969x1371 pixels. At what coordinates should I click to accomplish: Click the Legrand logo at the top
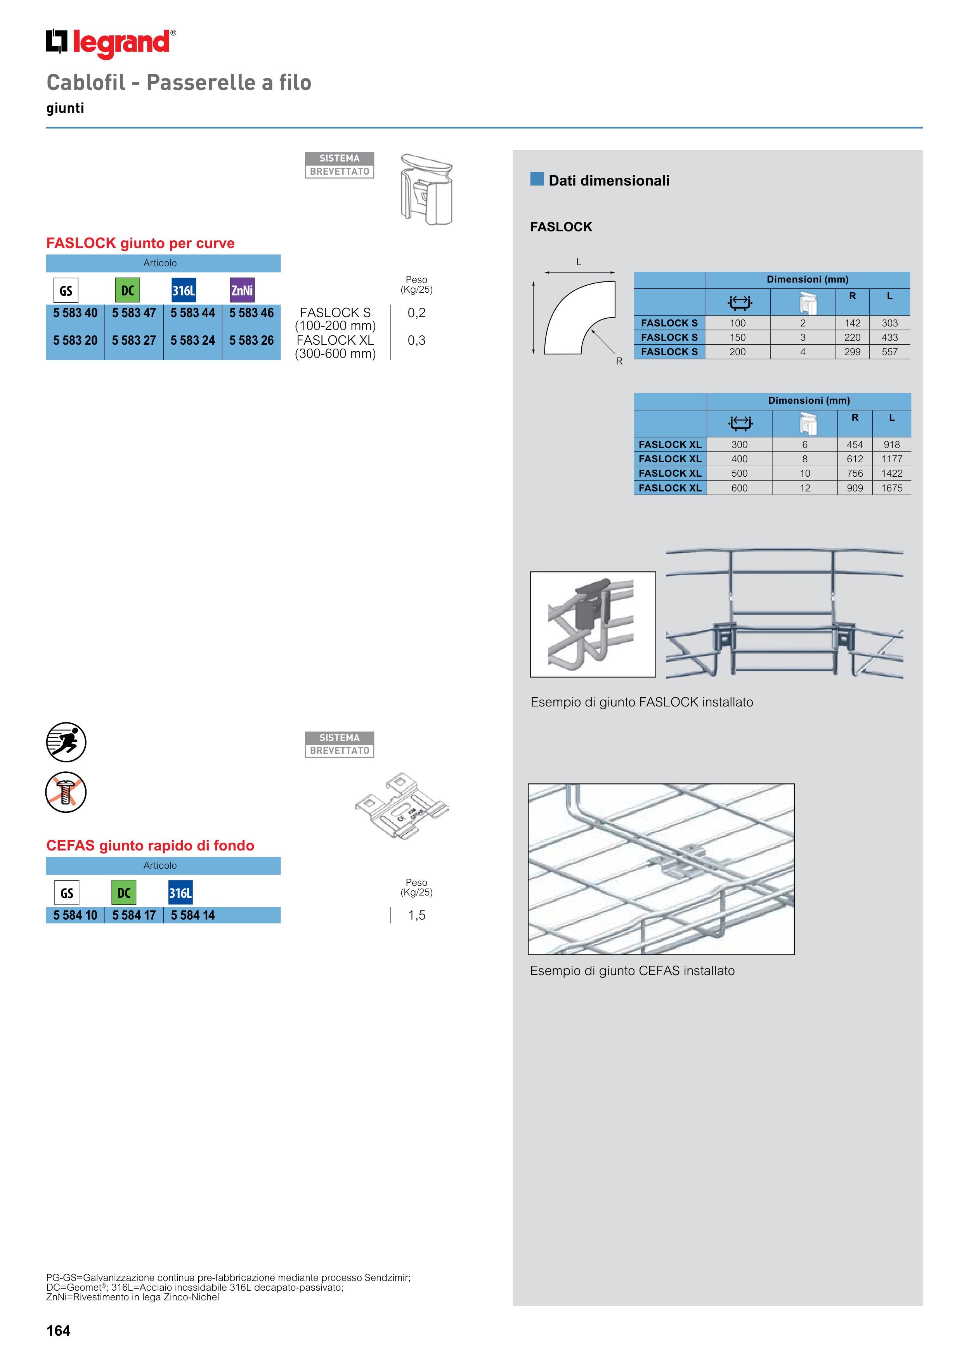(111, 43)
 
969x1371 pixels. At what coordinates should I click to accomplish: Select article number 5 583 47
(134, 313)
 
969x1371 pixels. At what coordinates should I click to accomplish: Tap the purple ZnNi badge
(242, 291)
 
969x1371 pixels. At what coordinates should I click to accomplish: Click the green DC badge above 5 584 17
(123, 893)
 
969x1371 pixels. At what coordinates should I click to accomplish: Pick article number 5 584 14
(192, 915)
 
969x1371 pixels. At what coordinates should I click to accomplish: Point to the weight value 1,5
(417, 915)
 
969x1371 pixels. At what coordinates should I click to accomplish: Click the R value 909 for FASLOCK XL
(855, 488)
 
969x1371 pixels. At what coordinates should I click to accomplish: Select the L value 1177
(891, 458)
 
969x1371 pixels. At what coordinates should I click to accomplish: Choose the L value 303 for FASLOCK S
(889, 323)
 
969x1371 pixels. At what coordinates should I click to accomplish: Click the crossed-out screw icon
(66, 792)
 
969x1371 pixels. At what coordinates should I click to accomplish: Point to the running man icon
(66, 742)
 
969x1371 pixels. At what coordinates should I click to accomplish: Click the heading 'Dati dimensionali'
(609, 180)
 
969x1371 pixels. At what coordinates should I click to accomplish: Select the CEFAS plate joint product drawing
(401, 806)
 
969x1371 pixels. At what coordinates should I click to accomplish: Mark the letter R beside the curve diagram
(619, 361)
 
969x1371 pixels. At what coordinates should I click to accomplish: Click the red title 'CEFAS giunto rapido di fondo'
(151, 845)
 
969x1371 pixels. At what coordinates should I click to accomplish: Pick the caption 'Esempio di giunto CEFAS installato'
(632, 971)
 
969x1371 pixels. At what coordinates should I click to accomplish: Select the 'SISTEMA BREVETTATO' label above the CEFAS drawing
(339, 745)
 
